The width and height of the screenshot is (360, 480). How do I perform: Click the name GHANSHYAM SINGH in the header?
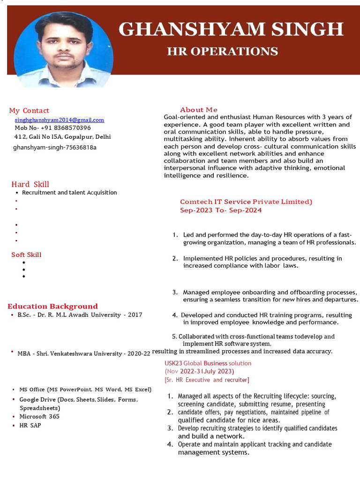coord(231,29)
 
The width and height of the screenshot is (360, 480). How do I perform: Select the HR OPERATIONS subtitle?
coord(222,51)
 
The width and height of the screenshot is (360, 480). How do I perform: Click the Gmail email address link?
coord(59,120)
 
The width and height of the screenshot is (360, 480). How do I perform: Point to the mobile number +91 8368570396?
coord(52,128)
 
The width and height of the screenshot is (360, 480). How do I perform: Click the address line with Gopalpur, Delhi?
coord(63,137)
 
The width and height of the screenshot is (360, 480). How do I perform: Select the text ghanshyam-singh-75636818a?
coord(54,147)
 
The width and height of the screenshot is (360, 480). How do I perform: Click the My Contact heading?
coord(29,111)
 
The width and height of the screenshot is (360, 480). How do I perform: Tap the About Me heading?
coord(199,110)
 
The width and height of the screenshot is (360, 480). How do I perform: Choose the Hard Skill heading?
coord(30,184)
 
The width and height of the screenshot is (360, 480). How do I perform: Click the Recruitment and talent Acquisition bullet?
coord(69,193)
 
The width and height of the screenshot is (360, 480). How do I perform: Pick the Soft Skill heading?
coord(26,255)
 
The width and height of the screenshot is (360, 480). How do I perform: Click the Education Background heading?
coord(52,306)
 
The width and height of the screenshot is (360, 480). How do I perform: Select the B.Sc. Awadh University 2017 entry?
coord(80,315)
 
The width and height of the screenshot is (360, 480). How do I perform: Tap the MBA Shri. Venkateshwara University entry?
coord(84,353)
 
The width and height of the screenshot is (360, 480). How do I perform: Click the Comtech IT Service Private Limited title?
coord(246,202)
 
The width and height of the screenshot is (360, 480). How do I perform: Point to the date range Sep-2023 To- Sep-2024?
coord(221,210)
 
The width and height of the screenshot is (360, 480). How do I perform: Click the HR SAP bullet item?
coord(30,426)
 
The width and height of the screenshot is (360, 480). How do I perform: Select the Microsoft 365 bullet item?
coord(39,417)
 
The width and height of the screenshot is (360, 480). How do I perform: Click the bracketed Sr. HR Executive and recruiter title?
coord(207,380)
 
